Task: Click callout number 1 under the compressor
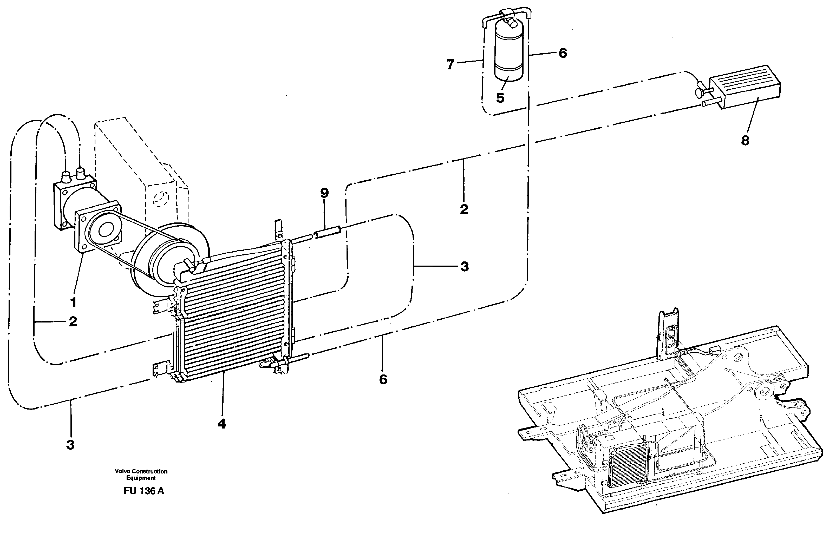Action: [73, 302]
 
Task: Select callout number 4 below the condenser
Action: [222, 424]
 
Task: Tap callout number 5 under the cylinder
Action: [500, 98]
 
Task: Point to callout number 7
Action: [451, 64]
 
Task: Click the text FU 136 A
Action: [143, 491]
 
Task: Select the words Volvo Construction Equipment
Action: [141, 475]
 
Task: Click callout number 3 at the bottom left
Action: [70, 445]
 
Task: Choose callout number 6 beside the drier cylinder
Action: [563, 53]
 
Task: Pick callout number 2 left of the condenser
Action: [73, 322]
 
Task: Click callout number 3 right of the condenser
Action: [464, 267]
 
